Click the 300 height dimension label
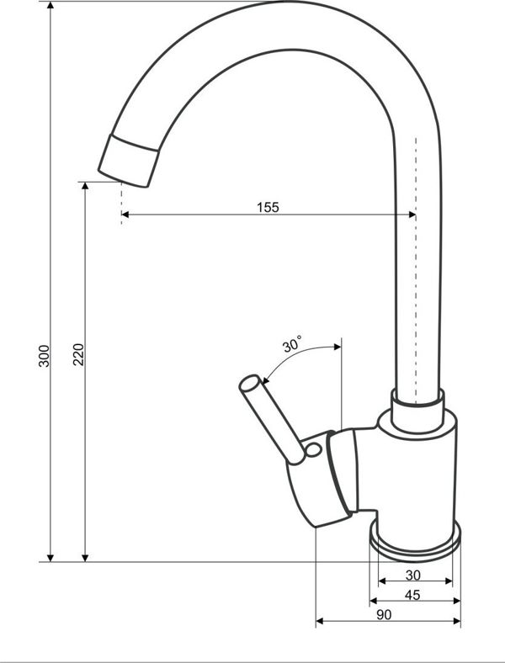[45, 356]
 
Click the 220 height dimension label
[78, 355]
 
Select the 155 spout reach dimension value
[268, 207]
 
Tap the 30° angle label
[293, 344]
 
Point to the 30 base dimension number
[412, 575]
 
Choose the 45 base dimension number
[412, 595]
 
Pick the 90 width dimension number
[384, 615]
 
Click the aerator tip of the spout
[129, 161]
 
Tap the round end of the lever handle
[248, 383]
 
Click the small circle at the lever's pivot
[313, 450]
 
